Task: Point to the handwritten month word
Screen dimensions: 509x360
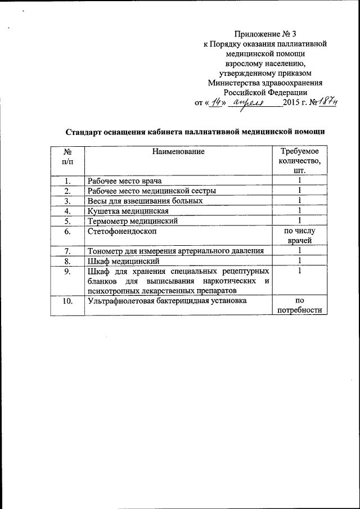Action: (249, 103)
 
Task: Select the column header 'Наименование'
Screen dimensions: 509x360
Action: (177, 151)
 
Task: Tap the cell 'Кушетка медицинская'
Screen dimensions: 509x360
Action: (128, 211)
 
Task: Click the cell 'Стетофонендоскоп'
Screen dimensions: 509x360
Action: (122, 231)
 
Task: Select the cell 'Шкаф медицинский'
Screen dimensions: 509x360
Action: (124, 262)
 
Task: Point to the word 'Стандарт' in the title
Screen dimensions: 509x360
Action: (84, 132)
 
